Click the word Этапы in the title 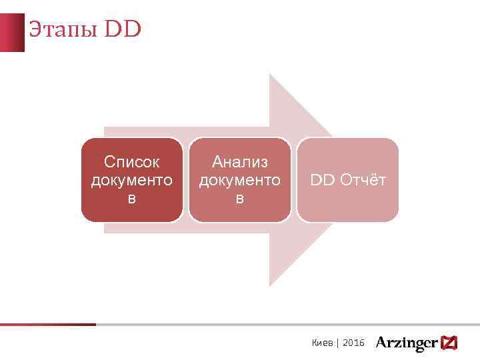63,30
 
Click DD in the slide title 123,30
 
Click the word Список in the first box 132,162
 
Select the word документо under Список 132,180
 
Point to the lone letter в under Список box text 132,198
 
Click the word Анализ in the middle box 240,162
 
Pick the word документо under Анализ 240,180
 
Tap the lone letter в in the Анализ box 240,198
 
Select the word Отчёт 363,180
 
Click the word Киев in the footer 323,343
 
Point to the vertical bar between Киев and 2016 338,343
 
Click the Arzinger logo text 407,343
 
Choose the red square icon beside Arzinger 449,343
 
